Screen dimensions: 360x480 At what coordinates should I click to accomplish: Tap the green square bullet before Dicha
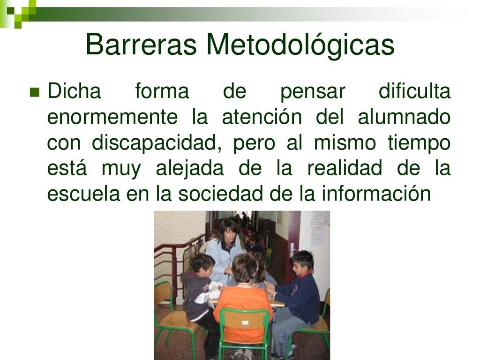click(x=34, y=91)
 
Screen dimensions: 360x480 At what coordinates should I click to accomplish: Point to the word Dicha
click(x=74, y=91)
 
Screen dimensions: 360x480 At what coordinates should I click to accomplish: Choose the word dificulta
click(x=414, y=91)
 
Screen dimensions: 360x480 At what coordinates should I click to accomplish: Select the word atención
click(x=262, y=117)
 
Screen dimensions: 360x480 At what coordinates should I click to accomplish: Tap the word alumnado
click(x=404, y=117)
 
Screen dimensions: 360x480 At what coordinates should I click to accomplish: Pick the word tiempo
click(x=419, y=143)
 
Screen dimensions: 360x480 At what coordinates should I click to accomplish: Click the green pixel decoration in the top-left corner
click(x=19, y=10)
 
